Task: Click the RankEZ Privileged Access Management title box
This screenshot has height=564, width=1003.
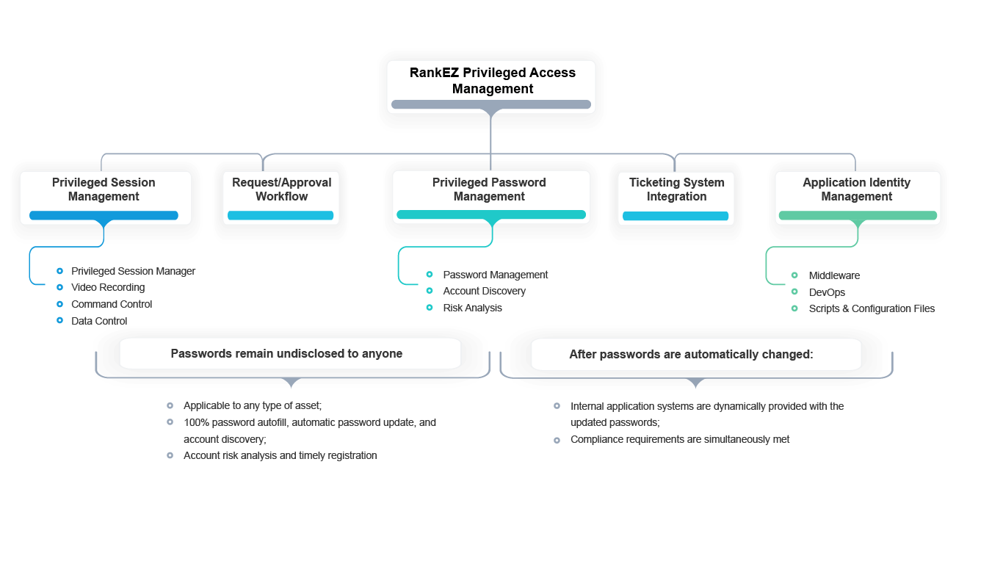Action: tap(492, 81)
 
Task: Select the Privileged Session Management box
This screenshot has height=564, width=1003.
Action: tap(104, 189)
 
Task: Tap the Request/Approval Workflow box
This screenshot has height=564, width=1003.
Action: tap(281, 189)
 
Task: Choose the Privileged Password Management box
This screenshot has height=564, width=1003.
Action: tap(489, 189)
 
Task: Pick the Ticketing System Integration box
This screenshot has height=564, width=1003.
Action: tap(676, 189)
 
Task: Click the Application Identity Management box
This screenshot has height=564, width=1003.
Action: tap(856, 189)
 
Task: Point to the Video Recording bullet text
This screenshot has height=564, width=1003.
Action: tap(108, 287)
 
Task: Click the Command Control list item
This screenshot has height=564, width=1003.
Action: tap(112, 304)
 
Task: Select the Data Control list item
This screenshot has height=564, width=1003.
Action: tap(99, 321)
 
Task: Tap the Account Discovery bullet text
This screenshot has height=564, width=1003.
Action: tap(484, 291)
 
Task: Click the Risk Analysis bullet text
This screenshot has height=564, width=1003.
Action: tap(472, 308)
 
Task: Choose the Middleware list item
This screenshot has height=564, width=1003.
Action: tap(834, 275)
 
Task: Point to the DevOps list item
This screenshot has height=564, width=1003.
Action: tap(827, 292)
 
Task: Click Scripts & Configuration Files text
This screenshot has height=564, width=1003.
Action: tap(872, 308)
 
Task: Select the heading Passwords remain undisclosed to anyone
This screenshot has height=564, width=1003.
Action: tap(286, 354)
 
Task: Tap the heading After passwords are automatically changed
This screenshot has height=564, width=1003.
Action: tap(691, 354)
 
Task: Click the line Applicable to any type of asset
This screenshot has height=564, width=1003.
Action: tap(253, 405)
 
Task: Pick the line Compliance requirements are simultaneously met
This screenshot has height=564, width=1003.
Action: tap(680, 439)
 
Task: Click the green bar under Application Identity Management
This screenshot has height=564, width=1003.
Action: tap(858, 216)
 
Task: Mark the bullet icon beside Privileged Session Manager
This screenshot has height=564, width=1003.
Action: tap(59, 271)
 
